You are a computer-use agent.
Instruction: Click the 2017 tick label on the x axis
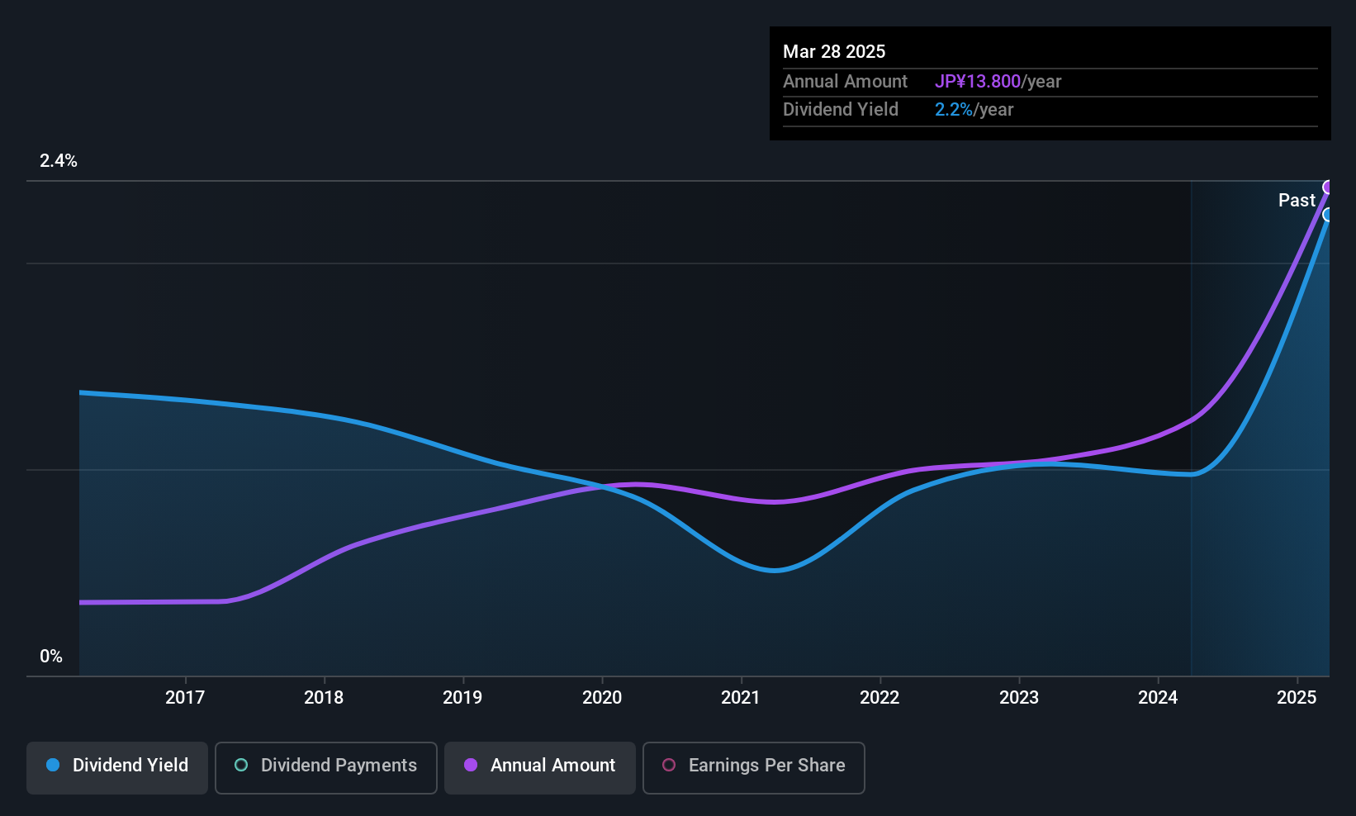pyautogui.click(x=184, y=697)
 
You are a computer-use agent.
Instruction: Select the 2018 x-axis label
pyautogui.click(x=324, y=697)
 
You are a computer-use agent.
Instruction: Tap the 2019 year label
pyautogui.click(x=462, y=697)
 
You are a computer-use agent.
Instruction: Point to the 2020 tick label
pyautogui.click(x=602, y=697)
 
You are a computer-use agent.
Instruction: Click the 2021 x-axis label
pyautogui.click(x=740, y=697)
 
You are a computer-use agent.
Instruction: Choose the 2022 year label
pyautogui.click(x=880, y=697)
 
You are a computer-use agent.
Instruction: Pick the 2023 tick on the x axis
pyautogui.click(x=1019, y=697)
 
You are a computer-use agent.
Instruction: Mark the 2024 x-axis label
pyautogui.click(x=1158, y=697)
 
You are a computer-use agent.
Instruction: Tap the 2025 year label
pyautogui.click(x=1297, y=697)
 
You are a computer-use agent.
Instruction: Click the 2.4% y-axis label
pyautogui.click(x=59, y=161)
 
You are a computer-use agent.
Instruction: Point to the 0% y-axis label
pyautogui.click(x=51, y=657)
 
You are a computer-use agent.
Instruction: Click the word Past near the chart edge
pyautogui.click(x=1297, y=201)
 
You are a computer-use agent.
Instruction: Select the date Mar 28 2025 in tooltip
pyautogui.click(x=834, y=52)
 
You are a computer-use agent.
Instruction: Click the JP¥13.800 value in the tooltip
pyautogui.click(x=978, y=82)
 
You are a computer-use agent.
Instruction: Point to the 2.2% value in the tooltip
pyautogui.click(x=954, y=110)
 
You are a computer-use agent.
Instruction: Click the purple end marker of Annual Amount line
pyautogui.click(x=1328, y=187)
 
